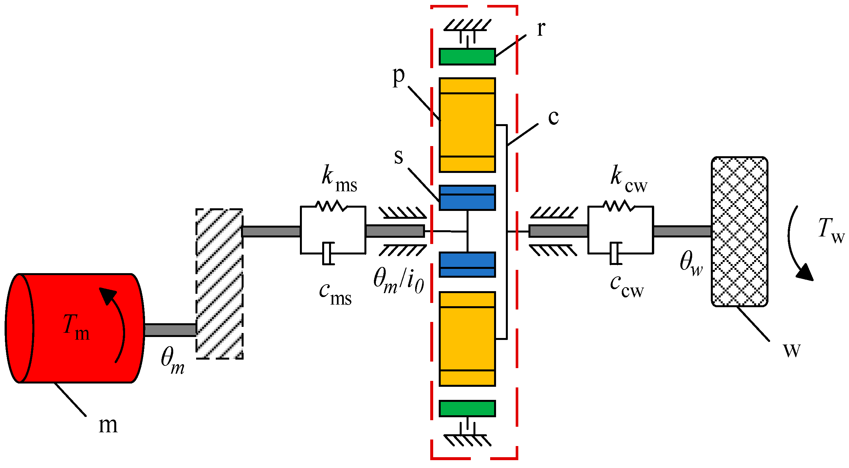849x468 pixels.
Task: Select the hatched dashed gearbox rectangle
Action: [219, 283]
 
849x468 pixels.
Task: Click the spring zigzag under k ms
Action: [331, 206]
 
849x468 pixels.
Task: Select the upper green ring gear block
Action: [467, 57]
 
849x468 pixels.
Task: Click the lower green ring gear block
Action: [467, 408]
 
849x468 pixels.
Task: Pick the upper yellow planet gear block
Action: [467, 125]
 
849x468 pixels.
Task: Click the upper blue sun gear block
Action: [467, 198]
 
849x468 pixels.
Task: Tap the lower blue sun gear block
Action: [467, 265]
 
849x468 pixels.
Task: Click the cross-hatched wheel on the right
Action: [739, 232]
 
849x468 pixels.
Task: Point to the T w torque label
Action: [831, 231]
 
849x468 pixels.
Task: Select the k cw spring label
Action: [628, 179]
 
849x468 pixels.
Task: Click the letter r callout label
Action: [541, 29]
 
